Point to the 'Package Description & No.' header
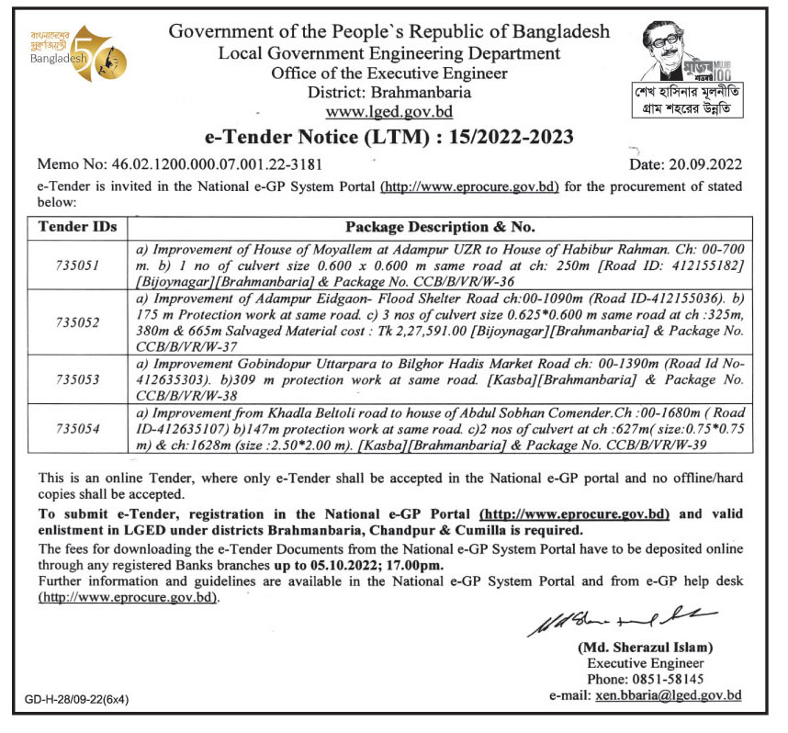(440, 226)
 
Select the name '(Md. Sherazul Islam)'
(646, 648)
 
